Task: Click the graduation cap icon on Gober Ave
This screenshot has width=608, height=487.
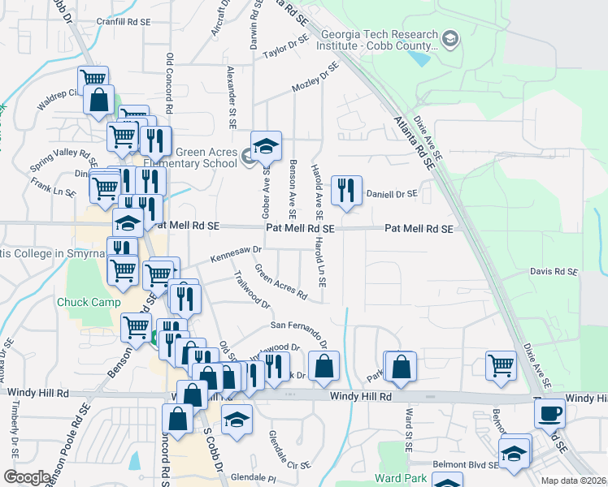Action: point(266,147)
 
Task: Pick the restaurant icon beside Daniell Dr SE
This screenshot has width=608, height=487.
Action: point(347,191)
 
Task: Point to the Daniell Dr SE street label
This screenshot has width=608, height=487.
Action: point(391,194)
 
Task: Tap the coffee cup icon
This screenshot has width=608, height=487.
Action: point(549,413)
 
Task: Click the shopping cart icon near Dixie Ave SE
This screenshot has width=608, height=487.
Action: point(502,364)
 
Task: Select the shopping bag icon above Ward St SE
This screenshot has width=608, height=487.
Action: point(402,367)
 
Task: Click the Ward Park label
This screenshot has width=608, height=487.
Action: point(401,478)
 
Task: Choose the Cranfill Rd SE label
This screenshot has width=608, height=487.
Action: point(124,22)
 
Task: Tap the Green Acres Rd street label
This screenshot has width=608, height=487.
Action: point(280,281)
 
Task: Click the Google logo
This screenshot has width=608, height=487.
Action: point(26,477)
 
